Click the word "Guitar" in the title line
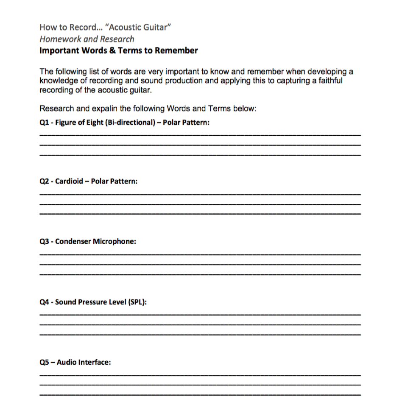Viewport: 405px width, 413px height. pyautogui.click(x=157, y=28)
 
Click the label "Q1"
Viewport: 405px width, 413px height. pyautogui.click(x=43, y=122)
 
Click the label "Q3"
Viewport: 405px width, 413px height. pyautogui.click(x=43, y=242)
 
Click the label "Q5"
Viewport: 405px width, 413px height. pyautogui.click(x=44, y=363)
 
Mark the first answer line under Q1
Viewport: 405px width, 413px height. pyautogui.click(x=200, y=135)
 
